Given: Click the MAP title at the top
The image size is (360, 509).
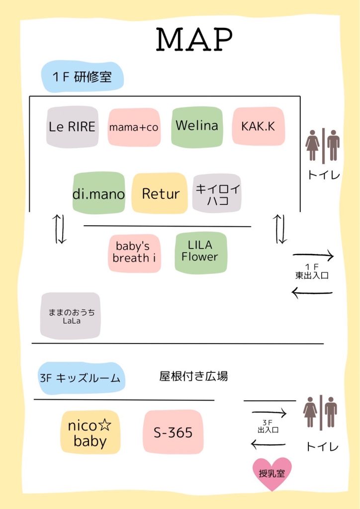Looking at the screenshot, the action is pyautogui.click(x=194, y=39).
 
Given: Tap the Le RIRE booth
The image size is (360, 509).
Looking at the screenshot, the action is pyautogui.click(x=72, y=127).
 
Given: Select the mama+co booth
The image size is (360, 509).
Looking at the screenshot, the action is pyautogui.click(x=134, y=127).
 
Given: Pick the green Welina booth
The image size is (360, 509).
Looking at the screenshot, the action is pyautogui.click(x=197, y=127).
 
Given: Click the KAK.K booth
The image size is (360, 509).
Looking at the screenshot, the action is pyautogui.click(x=259, y=126).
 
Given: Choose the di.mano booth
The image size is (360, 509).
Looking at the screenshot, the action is pyautogui.click(x=98, y=193).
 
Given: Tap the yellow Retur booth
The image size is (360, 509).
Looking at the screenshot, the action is pyautogui.click(x=160, y=193).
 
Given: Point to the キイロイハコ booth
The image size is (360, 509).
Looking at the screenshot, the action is pyautogui.click(x=217, y=193).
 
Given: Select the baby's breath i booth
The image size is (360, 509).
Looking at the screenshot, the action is pyautogui.click(x=134, y=253).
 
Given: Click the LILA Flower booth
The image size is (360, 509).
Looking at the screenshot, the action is pyautogui.click(x=200, y=253).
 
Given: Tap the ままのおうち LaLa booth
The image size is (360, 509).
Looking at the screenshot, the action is pyautogui.click(x=71, y=316).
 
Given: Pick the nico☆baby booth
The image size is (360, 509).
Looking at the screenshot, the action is pyautogui.click(x=90, y=432).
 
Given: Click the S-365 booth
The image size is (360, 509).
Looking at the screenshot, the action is pyautogui.click(x=173, y=432).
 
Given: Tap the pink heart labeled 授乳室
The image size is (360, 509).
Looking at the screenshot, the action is pyautogui.click(x=272, y=473).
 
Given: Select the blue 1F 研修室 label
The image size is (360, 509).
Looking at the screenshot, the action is pyautogui.click(x=83, y=77).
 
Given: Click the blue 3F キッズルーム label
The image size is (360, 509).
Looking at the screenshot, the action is pyautogui.click(x=81, y=378).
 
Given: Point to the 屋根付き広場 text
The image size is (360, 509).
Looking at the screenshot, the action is pyautogui.click(x=193, y=376).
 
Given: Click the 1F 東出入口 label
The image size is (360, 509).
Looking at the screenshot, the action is pyautogui.click(x=312, y=272).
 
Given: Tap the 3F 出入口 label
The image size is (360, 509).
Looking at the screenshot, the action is pyautogui.click(x=268, y=426).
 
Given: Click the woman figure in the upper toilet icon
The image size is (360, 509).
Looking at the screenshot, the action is pyautogui.click(x=313, y=145).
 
